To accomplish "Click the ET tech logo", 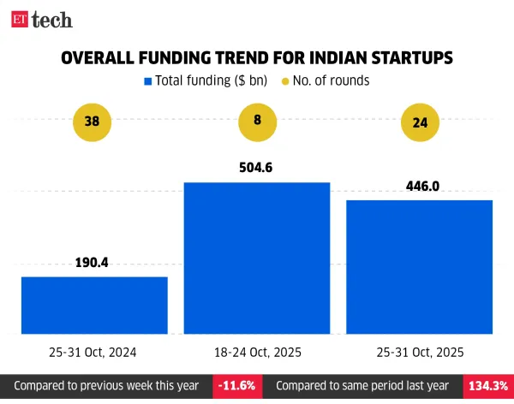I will click(42, 19).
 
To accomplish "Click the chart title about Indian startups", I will click(256, 58).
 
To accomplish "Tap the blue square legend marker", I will click(148, 81).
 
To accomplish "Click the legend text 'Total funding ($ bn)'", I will click(208, 81).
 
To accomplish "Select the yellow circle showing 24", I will click(420, 122).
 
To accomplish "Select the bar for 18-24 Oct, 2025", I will click(257, 258).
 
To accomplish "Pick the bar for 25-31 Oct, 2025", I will click(420, 266).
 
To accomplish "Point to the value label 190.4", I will click(93, 264).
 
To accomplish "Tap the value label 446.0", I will click(420, 186).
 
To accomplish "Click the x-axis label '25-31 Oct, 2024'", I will click(93, 352).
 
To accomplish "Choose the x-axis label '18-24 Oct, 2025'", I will click(257, 352).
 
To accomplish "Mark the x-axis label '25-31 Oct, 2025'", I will click(420, 352).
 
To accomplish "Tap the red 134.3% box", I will click(487, 386).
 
